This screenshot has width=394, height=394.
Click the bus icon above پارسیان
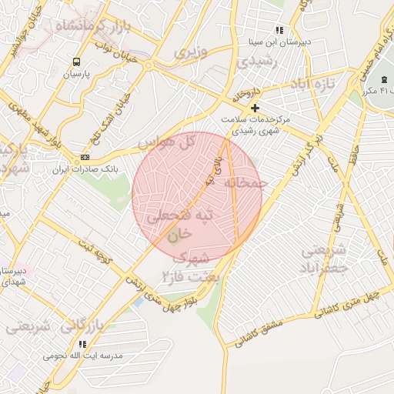(76, 62)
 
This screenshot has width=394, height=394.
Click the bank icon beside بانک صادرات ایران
(84, 157)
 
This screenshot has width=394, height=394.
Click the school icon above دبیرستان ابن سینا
(279, 30)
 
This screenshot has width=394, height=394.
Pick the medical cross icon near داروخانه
(255, 109)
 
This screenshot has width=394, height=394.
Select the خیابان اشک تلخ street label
(89, 116)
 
